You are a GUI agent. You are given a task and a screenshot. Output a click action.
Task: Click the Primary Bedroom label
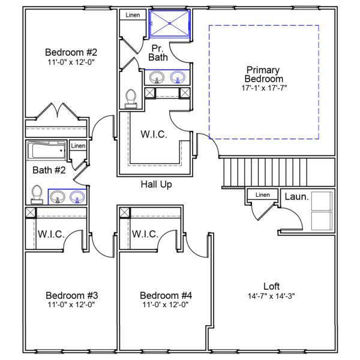tap(263, 74)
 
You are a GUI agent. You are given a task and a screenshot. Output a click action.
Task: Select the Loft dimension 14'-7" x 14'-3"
tap(271, 296)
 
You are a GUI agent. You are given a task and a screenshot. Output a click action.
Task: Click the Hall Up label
tap(156, 184)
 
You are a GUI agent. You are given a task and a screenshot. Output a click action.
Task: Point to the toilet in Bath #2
tap(37, 194)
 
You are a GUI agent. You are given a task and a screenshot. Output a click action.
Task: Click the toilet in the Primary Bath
tap(131, 98)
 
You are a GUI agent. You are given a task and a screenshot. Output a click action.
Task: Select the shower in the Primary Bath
tap(170, 24)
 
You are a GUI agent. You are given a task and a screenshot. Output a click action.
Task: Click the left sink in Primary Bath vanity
tap(157, 77)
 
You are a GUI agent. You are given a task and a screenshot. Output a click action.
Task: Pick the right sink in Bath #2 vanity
tap(77, 197)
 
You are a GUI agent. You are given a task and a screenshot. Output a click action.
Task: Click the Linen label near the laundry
tap(262, 195)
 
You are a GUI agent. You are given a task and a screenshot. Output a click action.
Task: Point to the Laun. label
tap(296, 197)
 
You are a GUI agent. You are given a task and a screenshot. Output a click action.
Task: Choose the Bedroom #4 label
tap(165, 295)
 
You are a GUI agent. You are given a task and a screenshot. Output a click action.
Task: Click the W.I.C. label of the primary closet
tap(154, 134)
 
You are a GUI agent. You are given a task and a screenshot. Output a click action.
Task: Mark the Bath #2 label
tap(49, 170)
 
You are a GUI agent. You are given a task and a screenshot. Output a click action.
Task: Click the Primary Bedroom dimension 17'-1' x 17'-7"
tap(263, 88)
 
